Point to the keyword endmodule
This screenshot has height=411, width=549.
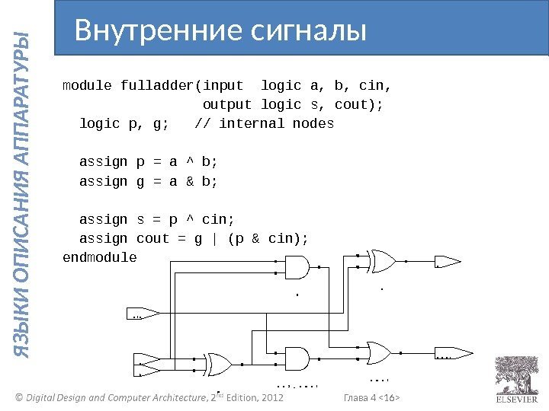99,257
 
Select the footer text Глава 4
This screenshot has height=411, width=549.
363,398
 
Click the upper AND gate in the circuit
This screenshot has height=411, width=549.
297,267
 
